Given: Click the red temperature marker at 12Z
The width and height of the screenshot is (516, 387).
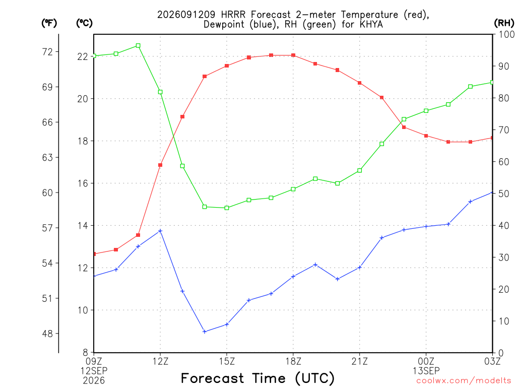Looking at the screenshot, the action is tap(160, 165).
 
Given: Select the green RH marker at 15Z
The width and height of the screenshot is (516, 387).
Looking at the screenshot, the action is tap(227, 208).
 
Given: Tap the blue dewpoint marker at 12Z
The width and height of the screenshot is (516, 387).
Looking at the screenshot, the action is tap(160, 231).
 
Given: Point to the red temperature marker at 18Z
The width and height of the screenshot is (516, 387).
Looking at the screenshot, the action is tap(293, 55).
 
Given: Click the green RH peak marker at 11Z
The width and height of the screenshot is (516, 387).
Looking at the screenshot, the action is tap(138, 46).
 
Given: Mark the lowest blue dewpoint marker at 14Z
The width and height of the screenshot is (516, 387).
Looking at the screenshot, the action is tap(205, 332).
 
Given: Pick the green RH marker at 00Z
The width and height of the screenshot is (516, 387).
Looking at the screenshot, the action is tap(426, 111).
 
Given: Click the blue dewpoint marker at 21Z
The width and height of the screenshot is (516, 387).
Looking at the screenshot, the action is tap(360, 268).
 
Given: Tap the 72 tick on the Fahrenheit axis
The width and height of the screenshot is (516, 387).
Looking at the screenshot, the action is tap(47, 52).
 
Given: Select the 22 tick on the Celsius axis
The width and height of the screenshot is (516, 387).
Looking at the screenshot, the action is tap(83, 56).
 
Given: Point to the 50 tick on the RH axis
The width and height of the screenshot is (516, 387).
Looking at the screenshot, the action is tap(503, 193).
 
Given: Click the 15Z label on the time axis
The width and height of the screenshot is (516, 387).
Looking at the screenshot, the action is tap(227, 361).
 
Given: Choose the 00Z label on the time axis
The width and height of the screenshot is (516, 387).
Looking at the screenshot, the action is tap(426, 361).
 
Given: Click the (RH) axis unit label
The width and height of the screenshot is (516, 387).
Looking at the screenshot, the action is tap(504, 23).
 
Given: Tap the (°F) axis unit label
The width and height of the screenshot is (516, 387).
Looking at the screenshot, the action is tap(49, 23).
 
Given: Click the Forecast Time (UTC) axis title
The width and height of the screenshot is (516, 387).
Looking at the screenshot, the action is tap(257, 378).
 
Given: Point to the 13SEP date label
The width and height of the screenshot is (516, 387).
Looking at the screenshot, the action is tap(426, 371).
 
